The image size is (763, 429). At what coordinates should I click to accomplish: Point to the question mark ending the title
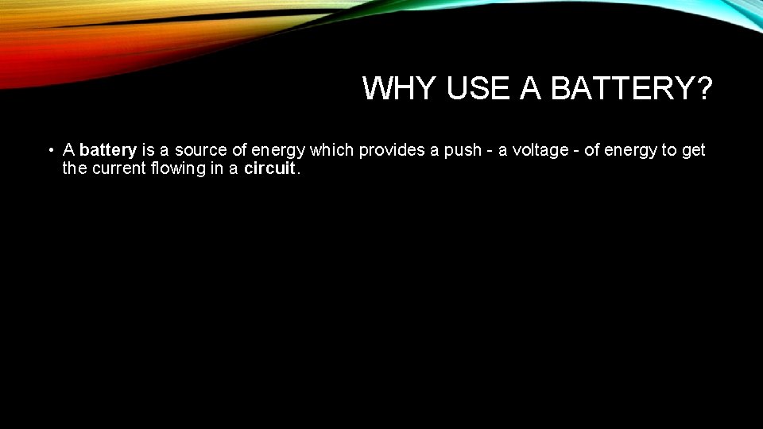pyautogui.click(x=702, y=89)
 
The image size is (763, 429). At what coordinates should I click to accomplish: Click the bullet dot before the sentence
pyautogui.click(x=50, y=150)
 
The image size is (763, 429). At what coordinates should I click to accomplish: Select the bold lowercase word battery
pyautogui.click(x=109, y=150)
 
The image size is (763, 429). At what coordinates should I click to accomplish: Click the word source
pyautogui.click(x=200, y=150)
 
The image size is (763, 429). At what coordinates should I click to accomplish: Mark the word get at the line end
pyautogui.click(x=693, y=150)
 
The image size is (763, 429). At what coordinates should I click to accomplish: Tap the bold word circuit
pyautogui.click(x=269, y=168)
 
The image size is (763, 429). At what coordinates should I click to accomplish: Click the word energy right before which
pyautogui.click(x=278, y=150)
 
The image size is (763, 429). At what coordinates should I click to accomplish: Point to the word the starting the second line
pyautogui.click(x=75, y=168)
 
